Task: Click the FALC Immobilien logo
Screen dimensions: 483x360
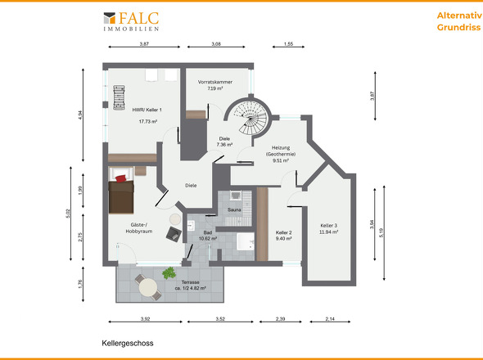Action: pyautogui.click(x=131, y=21)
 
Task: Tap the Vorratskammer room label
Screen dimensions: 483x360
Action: pyautogui.click(x=215, y=82)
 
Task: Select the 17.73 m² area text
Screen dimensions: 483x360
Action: pyautogui.click(x=148, y=122)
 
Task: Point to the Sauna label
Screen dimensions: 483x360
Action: pyautogui.click(x=234, y=210)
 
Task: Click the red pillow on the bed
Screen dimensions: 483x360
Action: pyautogui.click(x=121, y=178)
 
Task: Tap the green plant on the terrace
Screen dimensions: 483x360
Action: pyautogui.click(x=169, y=272)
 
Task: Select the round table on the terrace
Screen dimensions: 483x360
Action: pyautogui.click(x=148, y=287)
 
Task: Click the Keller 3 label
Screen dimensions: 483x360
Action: pyautogui.click(x=328, y=226)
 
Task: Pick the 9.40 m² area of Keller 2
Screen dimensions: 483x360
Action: pyautogui.click(x=283, y=239)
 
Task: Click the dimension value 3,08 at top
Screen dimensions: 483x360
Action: pyautogui.click(x=216, y=44)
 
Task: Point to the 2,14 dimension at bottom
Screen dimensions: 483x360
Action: pyautogui.click(x=330, y=319)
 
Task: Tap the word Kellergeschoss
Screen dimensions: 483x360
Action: pyautogui.click(x=128, y=343)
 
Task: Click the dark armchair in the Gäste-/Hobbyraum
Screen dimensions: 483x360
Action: pyautogui.click(x=174, y=234)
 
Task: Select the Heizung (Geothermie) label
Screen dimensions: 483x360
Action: pyautogui.click(x=281, y=151)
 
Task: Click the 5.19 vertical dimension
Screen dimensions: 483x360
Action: pyautogui.click(x=381, y=232)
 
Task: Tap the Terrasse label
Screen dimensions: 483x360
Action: pyautogui.click(x=191, y=282)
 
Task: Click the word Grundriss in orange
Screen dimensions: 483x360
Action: pyautogui.click(x=458, y=27)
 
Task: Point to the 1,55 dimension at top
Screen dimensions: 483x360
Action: pyautogui.click(x=288, y=44)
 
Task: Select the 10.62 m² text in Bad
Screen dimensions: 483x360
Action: pyautogui.click(x=208, y=239)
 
